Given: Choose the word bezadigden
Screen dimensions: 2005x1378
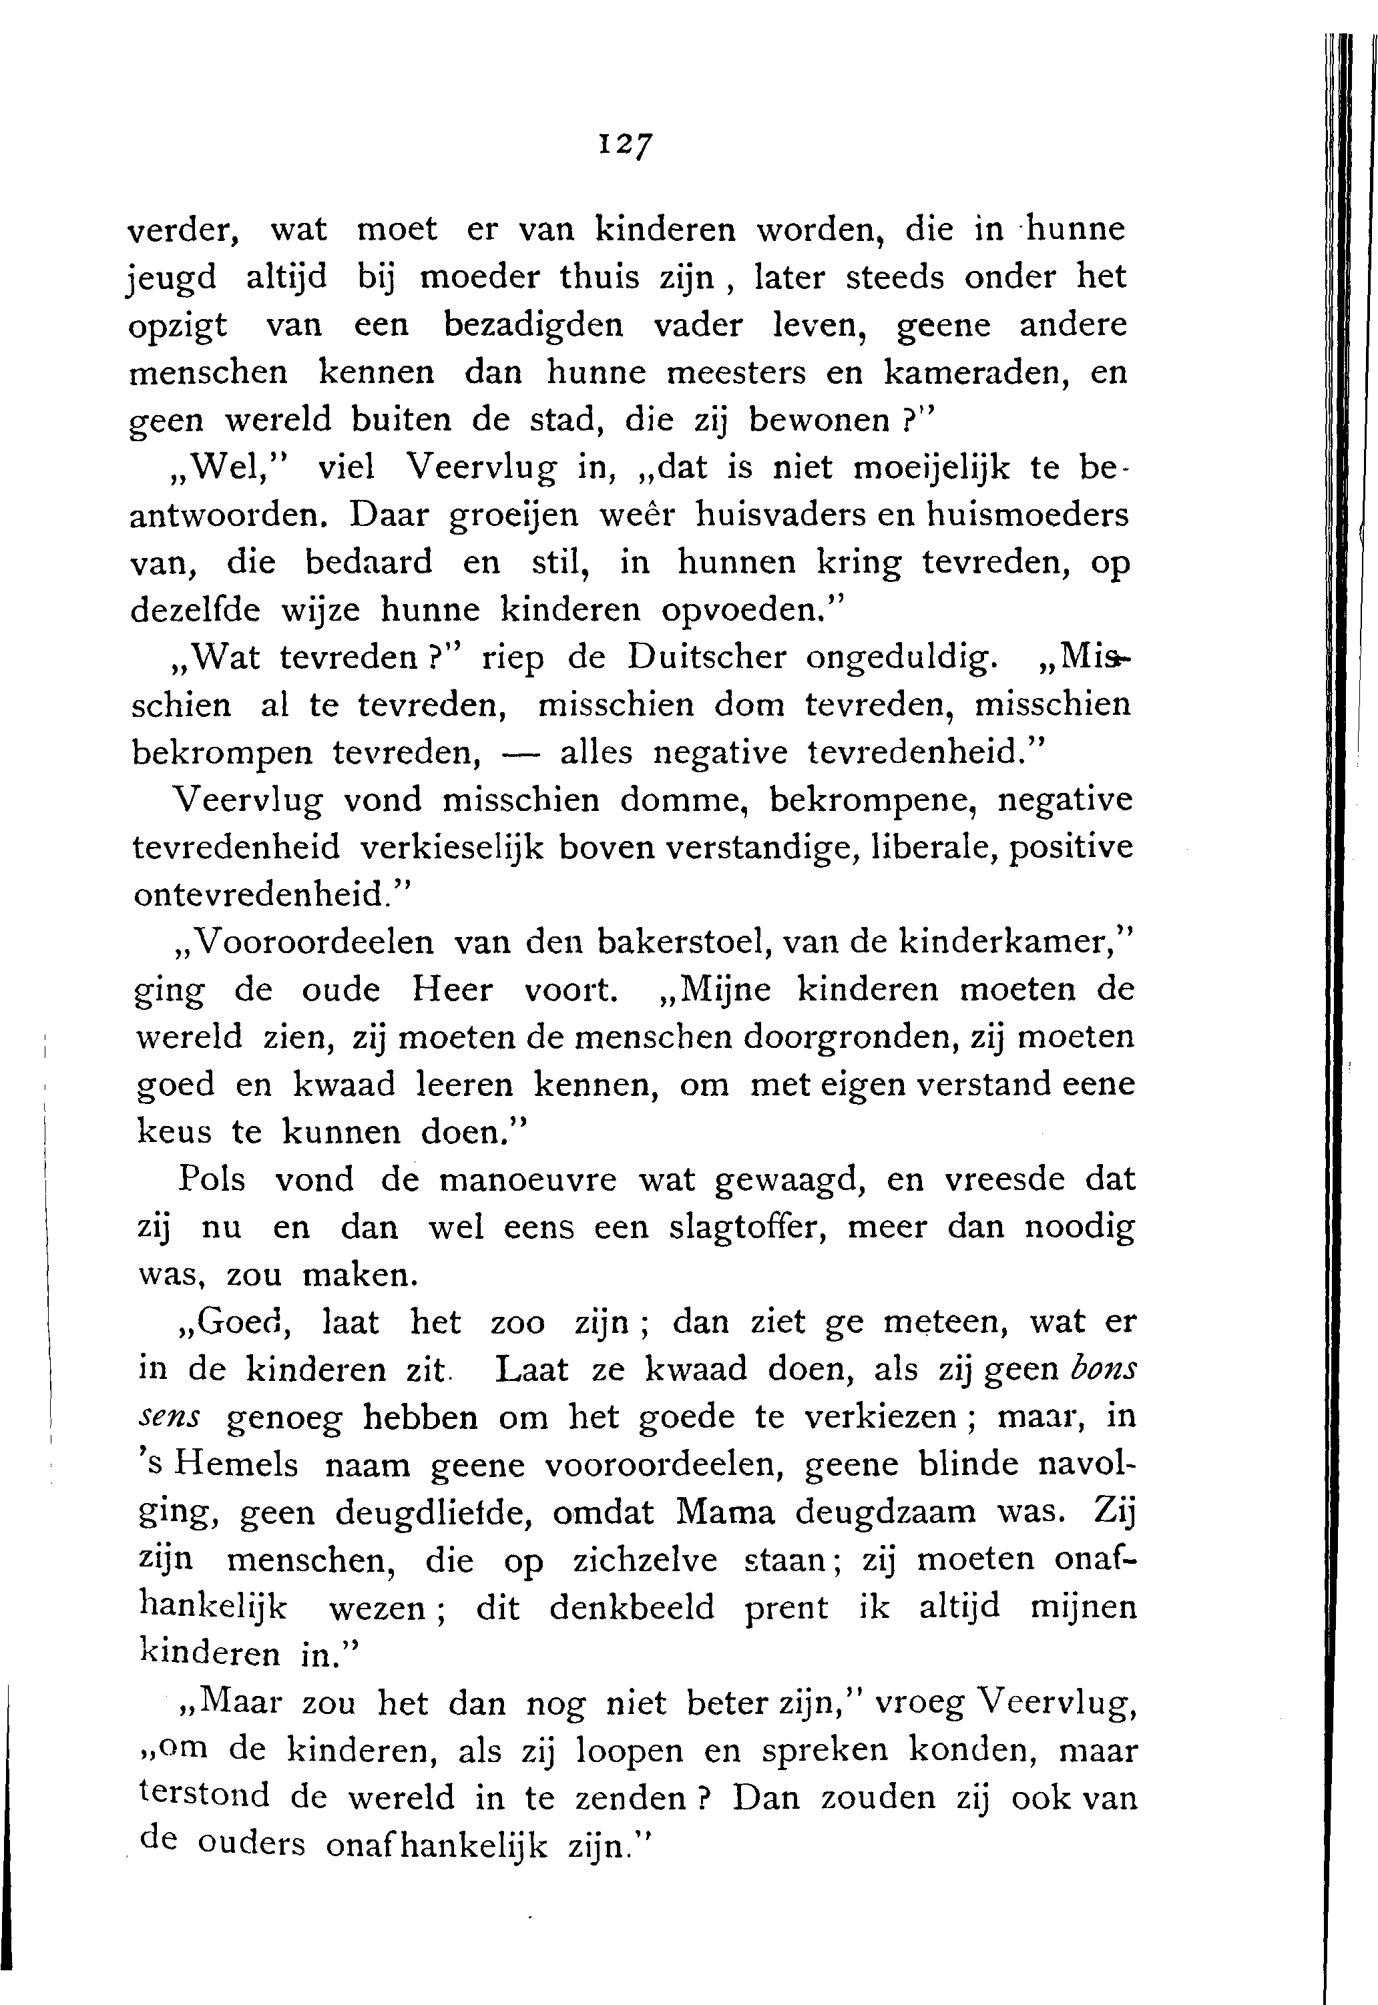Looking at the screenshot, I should tap(533, 326).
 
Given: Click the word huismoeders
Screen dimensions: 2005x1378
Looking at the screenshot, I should tap(1027, 515).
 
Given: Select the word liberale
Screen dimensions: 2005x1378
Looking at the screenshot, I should tap(931, 848).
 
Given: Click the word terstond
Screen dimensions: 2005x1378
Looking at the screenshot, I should tap(204, 1795).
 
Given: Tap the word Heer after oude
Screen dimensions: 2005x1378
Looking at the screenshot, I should tap(451, 989).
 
